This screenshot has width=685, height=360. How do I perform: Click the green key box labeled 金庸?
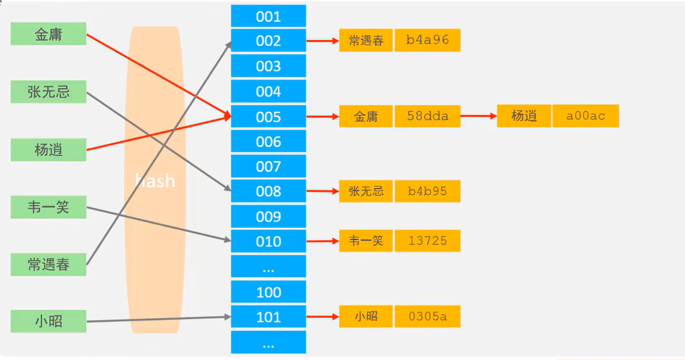48,34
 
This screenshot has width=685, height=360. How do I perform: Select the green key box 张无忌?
48,92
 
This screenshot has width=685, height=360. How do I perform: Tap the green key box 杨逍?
48,149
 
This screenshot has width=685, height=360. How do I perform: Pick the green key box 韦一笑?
48,207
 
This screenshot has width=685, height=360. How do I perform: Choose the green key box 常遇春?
48,265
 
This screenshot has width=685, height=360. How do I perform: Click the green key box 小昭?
48,321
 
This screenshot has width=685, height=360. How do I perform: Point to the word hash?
155,181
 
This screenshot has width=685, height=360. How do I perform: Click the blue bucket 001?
268,16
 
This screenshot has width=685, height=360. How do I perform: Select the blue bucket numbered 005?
268,117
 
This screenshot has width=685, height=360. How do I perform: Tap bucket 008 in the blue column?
268,191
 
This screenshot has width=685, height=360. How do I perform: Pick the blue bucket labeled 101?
268,317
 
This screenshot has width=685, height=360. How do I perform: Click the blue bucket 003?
268,66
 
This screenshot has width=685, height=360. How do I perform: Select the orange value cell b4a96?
427,40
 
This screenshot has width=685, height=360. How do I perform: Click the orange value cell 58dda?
427,116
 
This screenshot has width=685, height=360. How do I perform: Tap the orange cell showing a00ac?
586,116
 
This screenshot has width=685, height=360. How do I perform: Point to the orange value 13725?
427,241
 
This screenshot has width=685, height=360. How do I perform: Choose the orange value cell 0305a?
427,316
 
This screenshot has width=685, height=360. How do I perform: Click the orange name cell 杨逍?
524,116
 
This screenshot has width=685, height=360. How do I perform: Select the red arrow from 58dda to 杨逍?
478,116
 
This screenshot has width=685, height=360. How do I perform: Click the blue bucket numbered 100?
268,292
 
